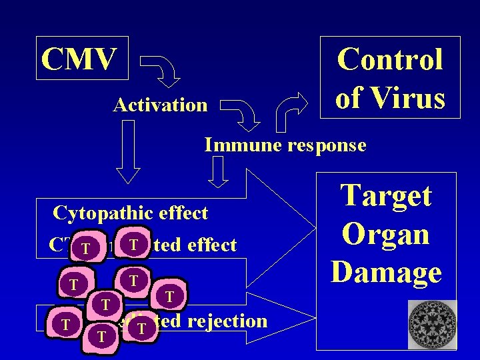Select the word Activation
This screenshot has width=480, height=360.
[161, 105]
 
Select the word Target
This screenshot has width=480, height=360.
[386, 196]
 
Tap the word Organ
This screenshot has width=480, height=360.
[386, 234]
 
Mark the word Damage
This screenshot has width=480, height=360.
[386, 271]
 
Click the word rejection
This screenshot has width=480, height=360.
[227, 321]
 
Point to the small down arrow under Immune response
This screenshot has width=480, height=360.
[218, 175]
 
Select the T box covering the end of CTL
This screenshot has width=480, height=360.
[85, 250]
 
